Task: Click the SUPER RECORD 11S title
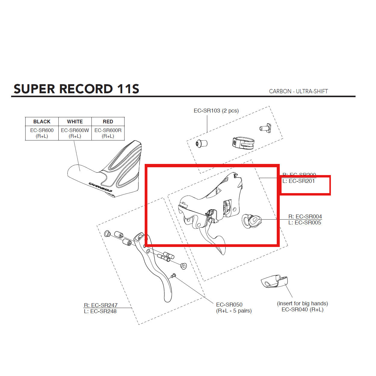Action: coord(76,89)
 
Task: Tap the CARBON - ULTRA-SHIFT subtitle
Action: coord(298,91)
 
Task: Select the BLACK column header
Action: coord(42,122)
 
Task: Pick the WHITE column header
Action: coord(75,122)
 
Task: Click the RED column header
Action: coord(108,122)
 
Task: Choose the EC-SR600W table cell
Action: coord(75,133)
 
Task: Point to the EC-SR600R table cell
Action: coord(108,133)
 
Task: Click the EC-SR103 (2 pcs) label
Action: coord(216,111)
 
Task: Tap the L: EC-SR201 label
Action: coord(298,181)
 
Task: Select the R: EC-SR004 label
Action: coord(305,217)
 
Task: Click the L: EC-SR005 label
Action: coord(305,223)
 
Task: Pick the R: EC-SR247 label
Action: coord(100,305)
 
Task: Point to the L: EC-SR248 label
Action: coord(100,311)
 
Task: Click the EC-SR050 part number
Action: coord(229,305)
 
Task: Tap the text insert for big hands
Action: coord(302,304)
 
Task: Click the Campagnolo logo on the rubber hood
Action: coord(100,187)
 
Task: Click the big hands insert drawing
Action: coord(274,282)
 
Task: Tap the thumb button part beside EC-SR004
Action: coord(251,221)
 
